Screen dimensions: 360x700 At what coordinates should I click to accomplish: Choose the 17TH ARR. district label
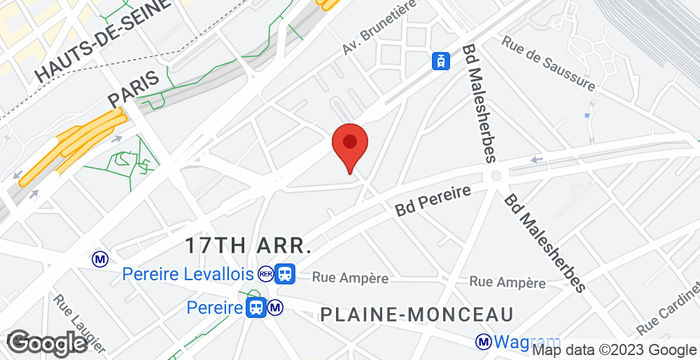coord(249,245)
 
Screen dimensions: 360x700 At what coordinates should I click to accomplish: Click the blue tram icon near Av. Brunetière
coord(439,61)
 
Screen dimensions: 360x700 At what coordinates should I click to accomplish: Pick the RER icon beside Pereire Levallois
coord(265,273)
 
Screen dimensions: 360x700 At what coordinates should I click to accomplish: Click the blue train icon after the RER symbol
coord(286,273)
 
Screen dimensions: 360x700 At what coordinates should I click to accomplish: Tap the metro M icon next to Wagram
coord(483,341)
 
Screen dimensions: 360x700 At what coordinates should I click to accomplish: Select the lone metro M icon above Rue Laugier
coord(100,258)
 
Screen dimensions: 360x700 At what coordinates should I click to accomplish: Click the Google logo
coord(44,342)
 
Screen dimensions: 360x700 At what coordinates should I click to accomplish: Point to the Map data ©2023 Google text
coord(613,350)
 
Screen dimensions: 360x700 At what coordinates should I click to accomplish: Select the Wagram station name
coord(517,343)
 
